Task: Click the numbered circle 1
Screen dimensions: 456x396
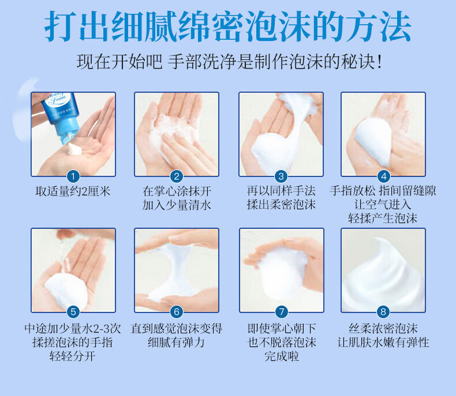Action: [x=73, y=176]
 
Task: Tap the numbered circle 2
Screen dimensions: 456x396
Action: [x=177, y=176]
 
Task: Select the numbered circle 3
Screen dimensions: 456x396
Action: [x=281, y=176]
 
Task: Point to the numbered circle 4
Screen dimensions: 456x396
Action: [x=384, y=176]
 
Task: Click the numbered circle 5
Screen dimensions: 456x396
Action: [x=73, y=312]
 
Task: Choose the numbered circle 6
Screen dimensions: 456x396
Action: [x=177, y=312]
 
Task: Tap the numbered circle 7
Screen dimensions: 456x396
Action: [x=281, y=312]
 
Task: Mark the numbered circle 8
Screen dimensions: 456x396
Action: [x=383, y=312]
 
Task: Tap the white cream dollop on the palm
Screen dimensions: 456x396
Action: [x=74, y=149]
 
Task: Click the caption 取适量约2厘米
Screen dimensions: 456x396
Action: [x=73, y=191]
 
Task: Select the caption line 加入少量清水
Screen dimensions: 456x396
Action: [x=177, y=205]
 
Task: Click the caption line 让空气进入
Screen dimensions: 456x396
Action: [x=383, y=205]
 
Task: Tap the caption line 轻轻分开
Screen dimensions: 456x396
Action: [x=72, y=356]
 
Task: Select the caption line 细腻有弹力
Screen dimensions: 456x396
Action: [x=176, y=342]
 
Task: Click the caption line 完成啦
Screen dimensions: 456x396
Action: [x=282, y=356]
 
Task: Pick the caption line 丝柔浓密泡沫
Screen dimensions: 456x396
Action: [x=383, y=329]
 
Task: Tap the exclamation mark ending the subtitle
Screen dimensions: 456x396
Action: [x=379, y=62]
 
